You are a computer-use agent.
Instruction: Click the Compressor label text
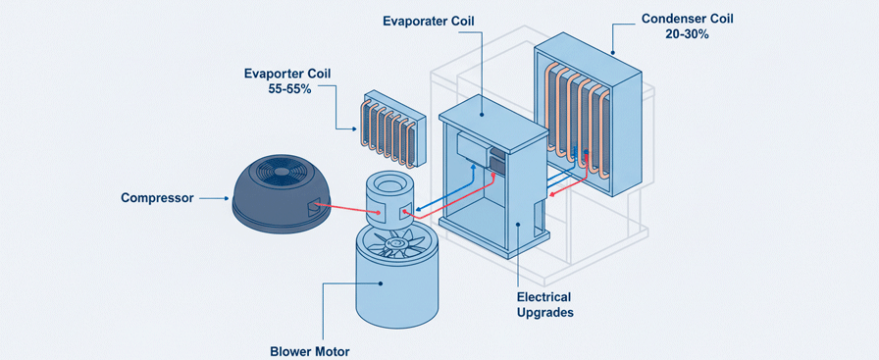(x=158, y=198)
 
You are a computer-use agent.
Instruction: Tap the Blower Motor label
(x=310, y=351)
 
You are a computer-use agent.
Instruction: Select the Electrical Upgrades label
(x=544, y=304)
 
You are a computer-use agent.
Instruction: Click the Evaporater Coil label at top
(x=429, y=22)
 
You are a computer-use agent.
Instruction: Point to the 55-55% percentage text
(x=289, y=88)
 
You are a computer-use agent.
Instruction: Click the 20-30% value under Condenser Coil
(x=687, y=33)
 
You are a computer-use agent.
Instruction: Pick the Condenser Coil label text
(x=687, y=19)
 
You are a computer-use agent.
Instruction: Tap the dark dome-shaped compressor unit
(x=280, y=196)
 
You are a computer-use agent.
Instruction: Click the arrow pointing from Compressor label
(x=215, y=198)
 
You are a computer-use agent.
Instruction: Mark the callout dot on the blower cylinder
(x=381, y=283)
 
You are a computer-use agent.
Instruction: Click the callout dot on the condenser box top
(x=613, y=53)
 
